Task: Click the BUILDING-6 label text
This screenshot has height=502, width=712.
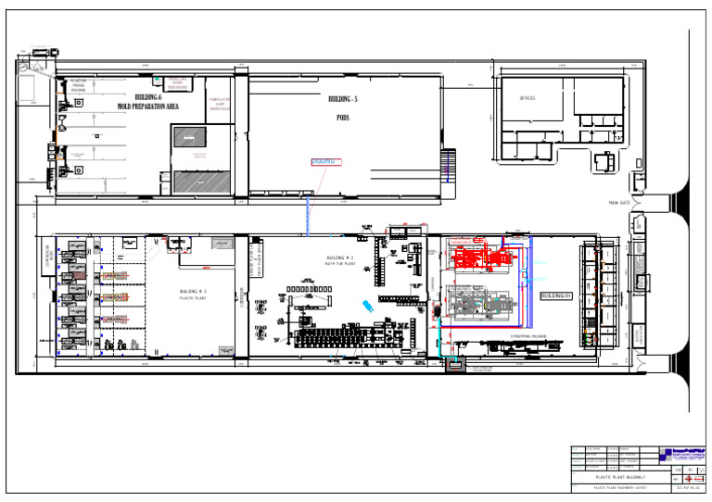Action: pyautogui.click(x=148, y=97)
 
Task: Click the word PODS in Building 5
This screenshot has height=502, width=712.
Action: pyautogui.click(x=341, y=118)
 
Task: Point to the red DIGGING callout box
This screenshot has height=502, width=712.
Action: pyautogui.click(x=325, y=161)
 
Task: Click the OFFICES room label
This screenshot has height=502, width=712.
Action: pyautogui.click(x=528, y=98)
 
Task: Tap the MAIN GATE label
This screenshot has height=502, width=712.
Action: pyautogui.click(x=619, y=203)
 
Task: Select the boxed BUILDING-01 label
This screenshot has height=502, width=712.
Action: pyautogui.click(x=557, y=295)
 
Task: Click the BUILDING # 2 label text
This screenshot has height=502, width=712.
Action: pyautogui.click(x=340, y=257)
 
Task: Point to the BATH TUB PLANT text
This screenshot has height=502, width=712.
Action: pyautogui.click(x=340, y=264)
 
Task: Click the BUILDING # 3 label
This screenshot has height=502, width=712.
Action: pyautogui.click(x=193, y=292)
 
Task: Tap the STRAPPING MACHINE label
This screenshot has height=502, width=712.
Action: pyautogui.click(x=529, y=337)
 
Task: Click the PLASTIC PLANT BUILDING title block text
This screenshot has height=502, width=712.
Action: pyautogui.click(x=616, y=477)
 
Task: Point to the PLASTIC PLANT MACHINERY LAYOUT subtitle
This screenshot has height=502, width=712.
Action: pyautogui.click(x=615, y=487)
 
